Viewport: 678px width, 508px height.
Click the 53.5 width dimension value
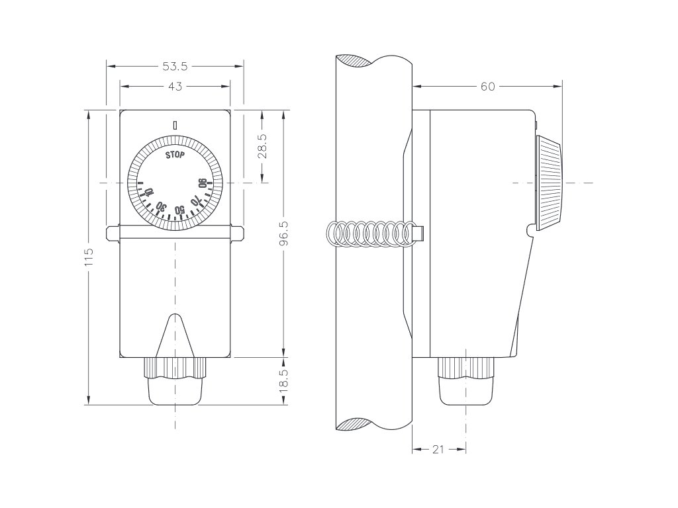pos(175,66)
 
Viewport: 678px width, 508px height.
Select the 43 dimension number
pos(175,86)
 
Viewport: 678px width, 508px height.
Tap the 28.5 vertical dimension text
pos(263,146)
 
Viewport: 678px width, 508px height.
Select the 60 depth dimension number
pos(487,86)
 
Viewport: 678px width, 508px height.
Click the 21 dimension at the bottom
pos(438,449)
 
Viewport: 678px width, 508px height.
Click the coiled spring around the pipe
pos(371,233)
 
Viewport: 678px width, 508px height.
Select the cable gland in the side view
pos(467,382)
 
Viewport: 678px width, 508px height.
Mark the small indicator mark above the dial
pos(175,124)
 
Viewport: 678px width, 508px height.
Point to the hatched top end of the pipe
pos(358,60)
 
